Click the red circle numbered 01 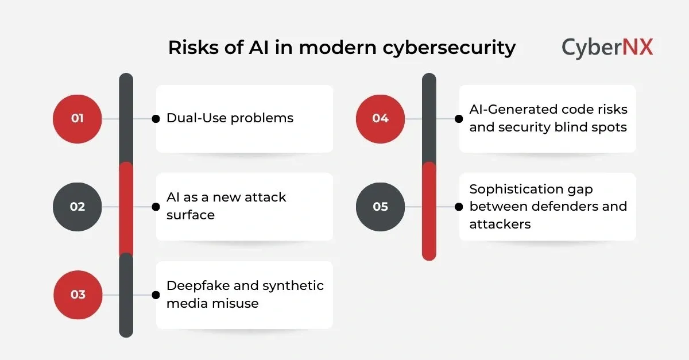tap(77, 119)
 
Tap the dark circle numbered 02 tap(77, 207)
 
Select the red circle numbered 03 tap(78, 295)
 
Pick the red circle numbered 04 tap(380, 119)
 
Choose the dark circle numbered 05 tap(380, 207)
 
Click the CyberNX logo tap(607, 47)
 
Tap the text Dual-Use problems tap(230, 118)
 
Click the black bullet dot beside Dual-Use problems tap(155, 119)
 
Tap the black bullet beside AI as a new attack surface tap(155, 207)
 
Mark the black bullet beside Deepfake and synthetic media tap(155, 295)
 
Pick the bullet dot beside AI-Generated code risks tap(458, 119)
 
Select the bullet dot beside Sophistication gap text tap(458, 207)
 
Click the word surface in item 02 tap(191, 215)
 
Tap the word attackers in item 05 tap(500, 224)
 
